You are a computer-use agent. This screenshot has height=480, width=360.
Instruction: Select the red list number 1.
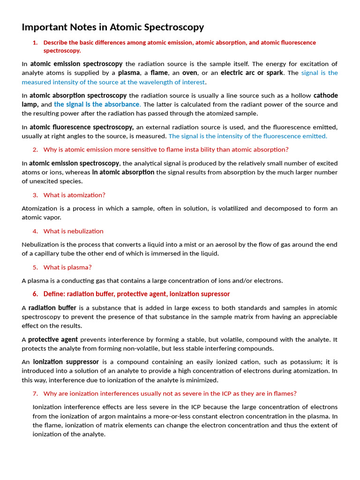click(35, 43)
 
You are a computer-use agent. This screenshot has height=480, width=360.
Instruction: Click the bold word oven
click(189, 73)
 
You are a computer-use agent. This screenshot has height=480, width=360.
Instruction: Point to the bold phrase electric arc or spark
click(252, 73)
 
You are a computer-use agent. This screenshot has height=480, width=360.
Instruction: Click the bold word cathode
click(325, 96)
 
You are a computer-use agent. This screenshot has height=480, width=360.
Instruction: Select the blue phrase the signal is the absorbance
click(97, 105)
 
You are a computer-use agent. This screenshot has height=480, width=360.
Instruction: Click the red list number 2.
click(35, 150)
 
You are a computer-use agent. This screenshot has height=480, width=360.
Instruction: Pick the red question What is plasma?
click(67, 267)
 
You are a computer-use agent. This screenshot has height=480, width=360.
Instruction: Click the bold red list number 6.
click(35, 294)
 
